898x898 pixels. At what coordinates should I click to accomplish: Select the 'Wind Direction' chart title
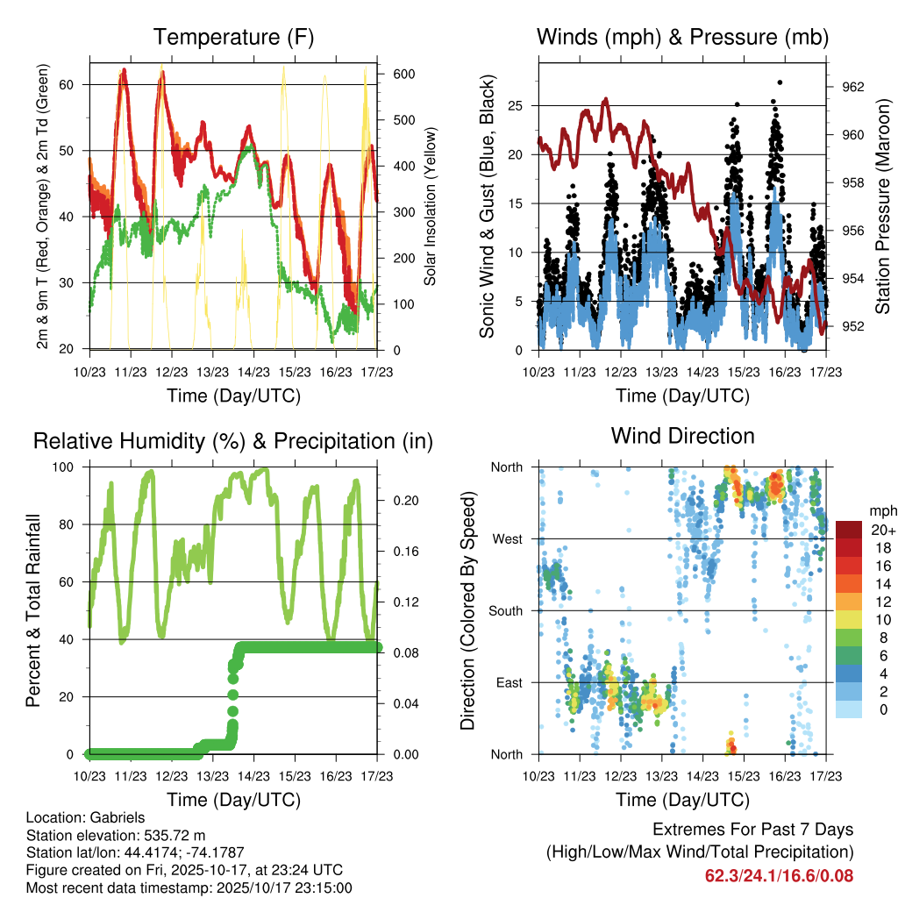[682, 436]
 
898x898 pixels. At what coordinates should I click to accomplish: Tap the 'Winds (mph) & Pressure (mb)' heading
[682, 37]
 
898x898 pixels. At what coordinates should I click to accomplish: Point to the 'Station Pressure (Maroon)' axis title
[882, 206]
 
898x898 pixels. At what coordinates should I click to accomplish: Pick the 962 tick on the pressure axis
[852, 87]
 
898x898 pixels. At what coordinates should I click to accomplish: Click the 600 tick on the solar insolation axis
[403, 75]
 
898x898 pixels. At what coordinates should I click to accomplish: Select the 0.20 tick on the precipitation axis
[403, 501]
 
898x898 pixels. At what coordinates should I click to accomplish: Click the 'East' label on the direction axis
[508, 682]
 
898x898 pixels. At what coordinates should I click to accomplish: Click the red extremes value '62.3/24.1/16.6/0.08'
[779, 875]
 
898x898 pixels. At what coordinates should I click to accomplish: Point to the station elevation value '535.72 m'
[174, 835]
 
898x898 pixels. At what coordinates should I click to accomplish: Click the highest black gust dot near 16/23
[780, 82]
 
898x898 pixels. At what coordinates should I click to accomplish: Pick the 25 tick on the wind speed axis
[518, 106]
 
